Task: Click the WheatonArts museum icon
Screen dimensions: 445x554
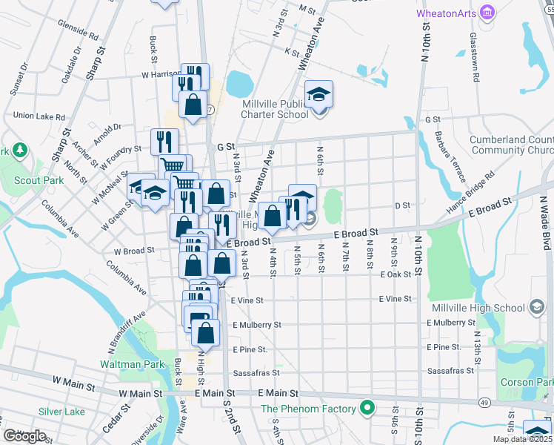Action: click(x=487, y=13)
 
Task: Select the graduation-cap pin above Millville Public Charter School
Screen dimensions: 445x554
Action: click(x=319, y=95)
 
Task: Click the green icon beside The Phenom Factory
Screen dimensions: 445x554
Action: click(x=365, y=408)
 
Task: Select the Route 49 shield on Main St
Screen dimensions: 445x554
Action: click(x=483, y=401)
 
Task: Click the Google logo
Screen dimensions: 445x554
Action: click(x=24, y=436)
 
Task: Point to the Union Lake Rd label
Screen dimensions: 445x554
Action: click(x=39, y=116)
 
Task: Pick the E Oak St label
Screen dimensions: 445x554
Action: click(x=395, y=274)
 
